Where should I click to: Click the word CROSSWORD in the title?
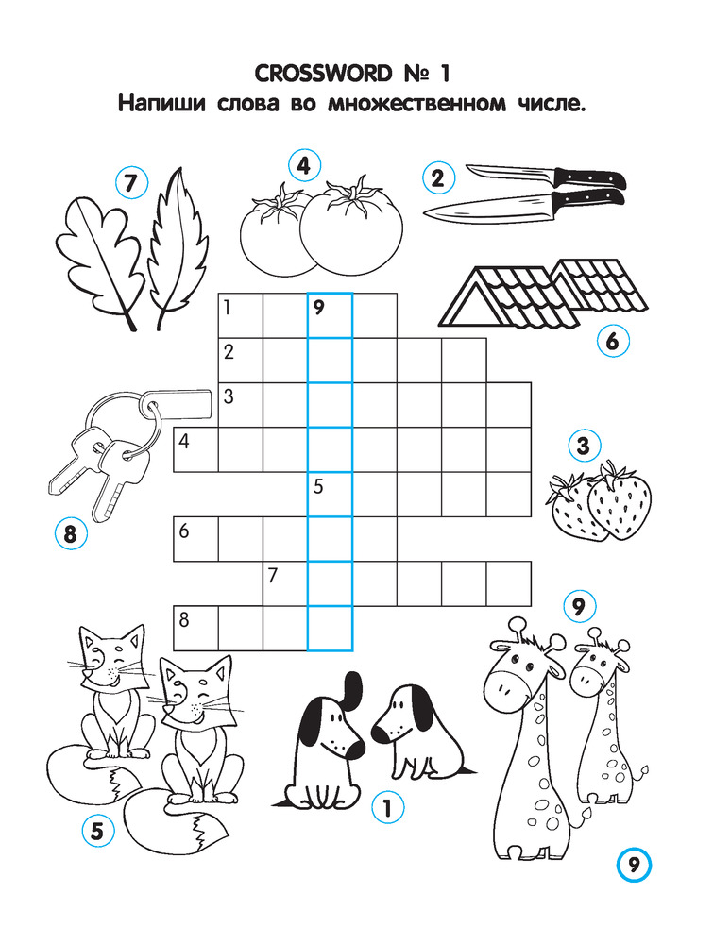point(323,74)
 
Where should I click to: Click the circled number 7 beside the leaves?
point(132,182)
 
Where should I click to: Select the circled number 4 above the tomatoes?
point(304,165)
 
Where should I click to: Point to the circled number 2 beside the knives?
point(438,177)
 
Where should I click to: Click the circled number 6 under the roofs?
point(613,342)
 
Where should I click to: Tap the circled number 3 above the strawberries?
point(584,447)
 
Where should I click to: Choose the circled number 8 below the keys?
point(71,533)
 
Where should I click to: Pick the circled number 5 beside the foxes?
point(97,831)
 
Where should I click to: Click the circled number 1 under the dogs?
point(387,807)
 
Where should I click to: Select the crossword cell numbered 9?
point(330,315)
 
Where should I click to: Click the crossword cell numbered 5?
point(330,495)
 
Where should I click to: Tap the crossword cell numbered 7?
point(285,583)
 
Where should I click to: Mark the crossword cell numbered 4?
point(195,449)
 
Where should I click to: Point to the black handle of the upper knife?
point(590,178)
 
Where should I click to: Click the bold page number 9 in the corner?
point(634,865)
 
